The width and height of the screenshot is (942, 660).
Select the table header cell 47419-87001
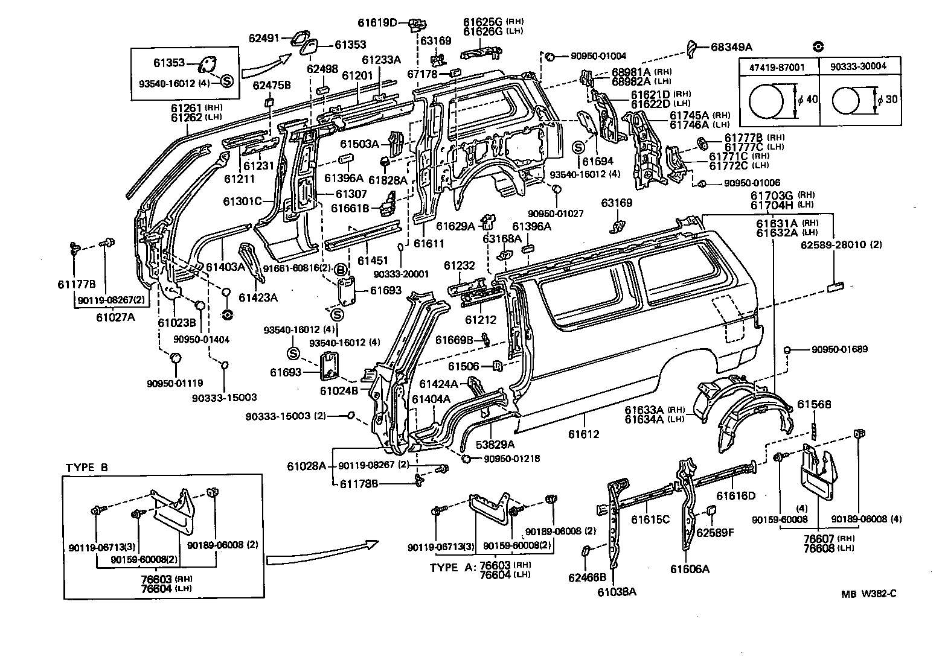778,66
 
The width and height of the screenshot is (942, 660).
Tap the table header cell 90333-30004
857,66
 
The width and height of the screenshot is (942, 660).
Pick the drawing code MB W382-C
869,593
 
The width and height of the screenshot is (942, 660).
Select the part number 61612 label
583,434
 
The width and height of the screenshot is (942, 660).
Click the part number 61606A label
690,568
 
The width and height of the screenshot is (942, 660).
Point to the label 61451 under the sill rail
373,260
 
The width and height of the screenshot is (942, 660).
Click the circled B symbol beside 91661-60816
340,269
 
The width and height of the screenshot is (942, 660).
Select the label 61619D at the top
394,23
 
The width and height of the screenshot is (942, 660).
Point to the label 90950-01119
175,382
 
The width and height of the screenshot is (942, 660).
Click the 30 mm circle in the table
849,100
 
